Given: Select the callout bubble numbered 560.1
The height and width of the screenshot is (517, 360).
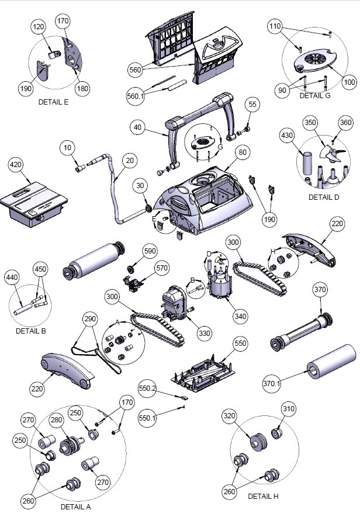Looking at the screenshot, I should (x=136, y=96).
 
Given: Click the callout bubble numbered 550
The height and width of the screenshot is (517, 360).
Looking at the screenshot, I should (x=240, y=343).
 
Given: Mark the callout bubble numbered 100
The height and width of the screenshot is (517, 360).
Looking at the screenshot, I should (x=349, y=82).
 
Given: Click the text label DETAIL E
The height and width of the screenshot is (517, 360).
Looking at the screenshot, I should (x=53, y=101).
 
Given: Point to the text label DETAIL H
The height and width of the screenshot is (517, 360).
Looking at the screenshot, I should (x=263, y=496).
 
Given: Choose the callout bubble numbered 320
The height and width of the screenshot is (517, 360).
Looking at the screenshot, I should (x=230, y=416).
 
